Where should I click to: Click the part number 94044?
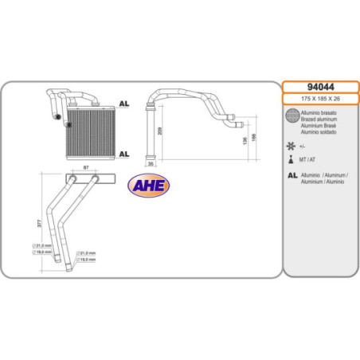(320, 87)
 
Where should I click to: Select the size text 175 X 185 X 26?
(320, 100)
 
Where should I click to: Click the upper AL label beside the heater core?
(123, 104)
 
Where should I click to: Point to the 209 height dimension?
(160, 131)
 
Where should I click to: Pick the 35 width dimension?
(151, 164)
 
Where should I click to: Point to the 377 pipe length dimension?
(40, 224)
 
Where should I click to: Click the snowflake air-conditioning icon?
(291, 147)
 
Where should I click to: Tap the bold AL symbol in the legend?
(292, 174)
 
